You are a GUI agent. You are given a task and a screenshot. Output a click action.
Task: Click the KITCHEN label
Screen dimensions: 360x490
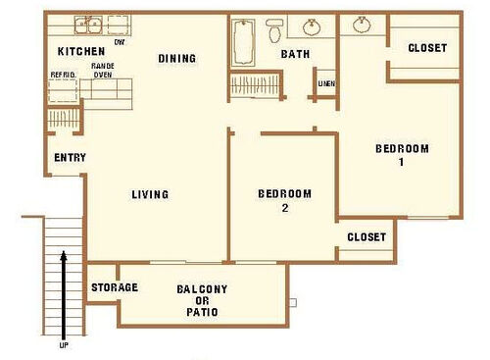[x=80, y=50]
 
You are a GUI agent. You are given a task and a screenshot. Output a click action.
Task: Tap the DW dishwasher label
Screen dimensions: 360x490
[x=120, y=41]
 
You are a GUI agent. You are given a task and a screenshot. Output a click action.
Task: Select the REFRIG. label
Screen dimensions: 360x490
[x=63, y=75]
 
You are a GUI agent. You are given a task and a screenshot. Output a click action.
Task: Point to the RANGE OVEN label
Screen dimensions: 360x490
[x=102, y=70]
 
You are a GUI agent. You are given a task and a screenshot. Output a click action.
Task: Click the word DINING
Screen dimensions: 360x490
[x=177, y=59]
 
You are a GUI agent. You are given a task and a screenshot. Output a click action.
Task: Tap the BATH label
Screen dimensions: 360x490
[x=296, y=54]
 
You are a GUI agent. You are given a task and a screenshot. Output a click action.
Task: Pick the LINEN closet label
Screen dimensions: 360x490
[x=326, y=83]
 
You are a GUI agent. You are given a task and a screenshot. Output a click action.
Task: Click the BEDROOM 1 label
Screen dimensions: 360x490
[x=402, y=155]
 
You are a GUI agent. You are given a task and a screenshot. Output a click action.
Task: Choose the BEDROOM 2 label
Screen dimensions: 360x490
[x=284, y=200]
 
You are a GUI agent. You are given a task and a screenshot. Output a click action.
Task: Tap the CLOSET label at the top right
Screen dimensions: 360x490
[x=427, y=48]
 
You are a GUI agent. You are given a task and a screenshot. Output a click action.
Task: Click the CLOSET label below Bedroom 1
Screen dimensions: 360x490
[x=367, y=237]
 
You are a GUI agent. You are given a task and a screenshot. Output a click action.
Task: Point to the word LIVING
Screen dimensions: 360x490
[x=150, y=194]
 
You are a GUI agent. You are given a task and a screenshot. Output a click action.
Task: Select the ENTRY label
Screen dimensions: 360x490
[x=71, y=158]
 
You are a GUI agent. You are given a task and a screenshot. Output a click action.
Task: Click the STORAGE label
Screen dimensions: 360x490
[x=114, y=287]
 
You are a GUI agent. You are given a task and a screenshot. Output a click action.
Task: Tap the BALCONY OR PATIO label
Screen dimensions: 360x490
[x=202, y=301]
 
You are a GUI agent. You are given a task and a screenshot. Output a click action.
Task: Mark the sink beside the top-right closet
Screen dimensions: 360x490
[x=362, y=26]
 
